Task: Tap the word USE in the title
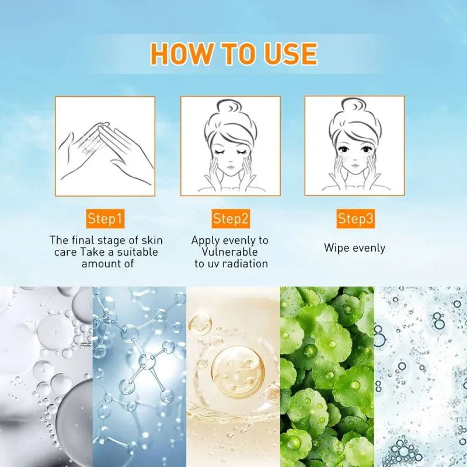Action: (287, 54)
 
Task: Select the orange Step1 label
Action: (105, 219)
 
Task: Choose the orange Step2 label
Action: (231, 219)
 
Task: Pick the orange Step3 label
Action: (356, 219)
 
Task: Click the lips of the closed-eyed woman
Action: (230, 169)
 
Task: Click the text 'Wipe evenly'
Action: (355, 248)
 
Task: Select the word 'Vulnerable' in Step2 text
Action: (230, 252)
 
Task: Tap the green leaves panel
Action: (327, 377)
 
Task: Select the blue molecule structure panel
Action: (139, 377)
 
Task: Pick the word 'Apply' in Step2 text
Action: (205, 240)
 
